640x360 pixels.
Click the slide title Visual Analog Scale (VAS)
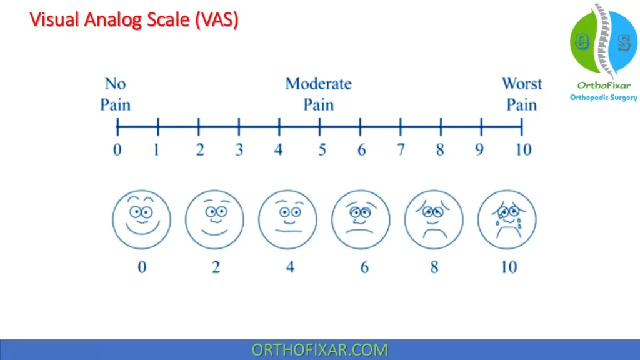134,20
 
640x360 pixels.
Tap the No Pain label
116,94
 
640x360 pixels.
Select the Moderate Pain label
318,94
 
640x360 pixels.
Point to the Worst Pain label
522,94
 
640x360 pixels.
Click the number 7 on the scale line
401,150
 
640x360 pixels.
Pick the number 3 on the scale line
239,150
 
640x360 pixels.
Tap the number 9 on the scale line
479,150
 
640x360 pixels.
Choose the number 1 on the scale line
156,150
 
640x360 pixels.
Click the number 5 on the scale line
322,150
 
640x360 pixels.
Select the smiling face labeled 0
142,219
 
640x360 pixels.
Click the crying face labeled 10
507,219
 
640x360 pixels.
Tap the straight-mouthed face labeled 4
287,219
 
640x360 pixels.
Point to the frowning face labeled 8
434,219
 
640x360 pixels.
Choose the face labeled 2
215,219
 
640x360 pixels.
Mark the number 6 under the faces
364,267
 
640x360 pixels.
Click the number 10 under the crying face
509,267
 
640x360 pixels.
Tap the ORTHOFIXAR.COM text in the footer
319,350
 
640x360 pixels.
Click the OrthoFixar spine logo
604,41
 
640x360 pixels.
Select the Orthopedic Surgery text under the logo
604,97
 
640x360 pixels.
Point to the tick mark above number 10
522,126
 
